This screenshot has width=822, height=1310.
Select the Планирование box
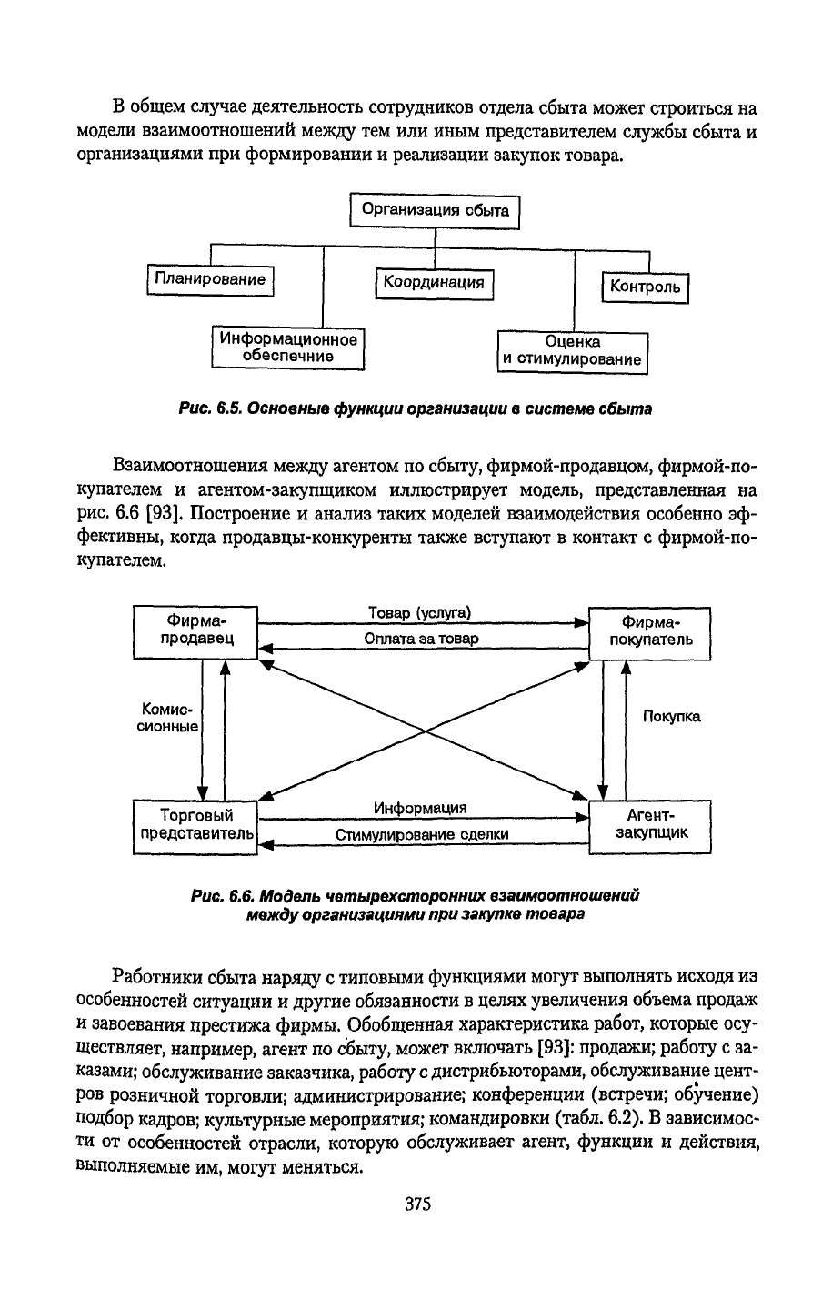[210, 279]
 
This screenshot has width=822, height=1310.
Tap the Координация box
[433, 283]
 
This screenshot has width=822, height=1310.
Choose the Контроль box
[645, 287]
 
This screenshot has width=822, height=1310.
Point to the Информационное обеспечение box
[287, 348]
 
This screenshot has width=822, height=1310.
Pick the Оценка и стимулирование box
[573, 351]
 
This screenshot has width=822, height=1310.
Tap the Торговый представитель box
[195, 825]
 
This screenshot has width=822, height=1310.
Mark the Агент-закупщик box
[649, 824]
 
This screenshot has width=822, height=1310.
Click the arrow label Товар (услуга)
[419, 613]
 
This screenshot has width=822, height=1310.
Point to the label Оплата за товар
[421, 639]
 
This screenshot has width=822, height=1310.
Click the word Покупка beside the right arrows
[671, 717]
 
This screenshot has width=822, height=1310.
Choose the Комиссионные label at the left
[168, 717]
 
